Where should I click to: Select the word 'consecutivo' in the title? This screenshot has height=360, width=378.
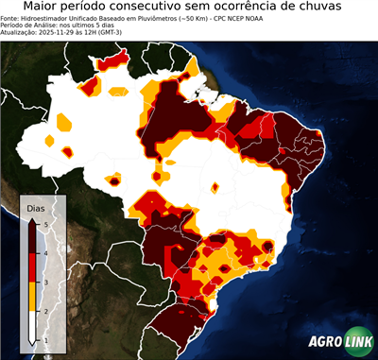[158, 8]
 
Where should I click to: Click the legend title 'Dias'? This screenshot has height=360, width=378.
[35, 207]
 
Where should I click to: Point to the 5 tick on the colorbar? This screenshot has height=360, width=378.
[44, 223]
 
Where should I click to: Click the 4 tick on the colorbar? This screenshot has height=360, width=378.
[44, 252]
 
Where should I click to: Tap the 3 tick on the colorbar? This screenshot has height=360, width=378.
[44, 282]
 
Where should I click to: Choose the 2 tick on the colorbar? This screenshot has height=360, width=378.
[44, 310]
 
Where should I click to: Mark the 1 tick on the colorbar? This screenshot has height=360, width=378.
[44, 339]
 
